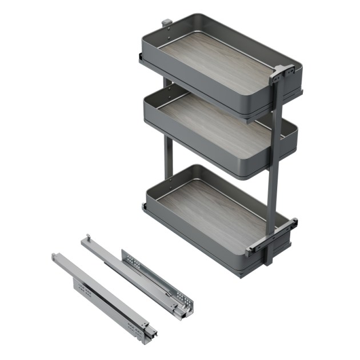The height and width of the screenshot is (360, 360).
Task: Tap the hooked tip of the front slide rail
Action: point(55,257)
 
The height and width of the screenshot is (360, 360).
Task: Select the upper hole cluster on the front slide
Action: point(84,289)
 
